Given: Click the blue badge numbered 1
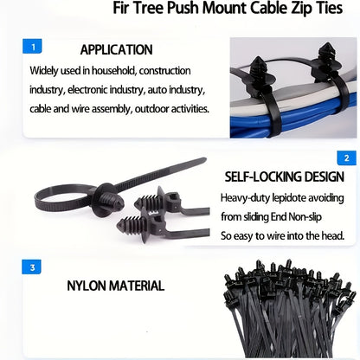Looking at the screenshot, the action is click(32, 47).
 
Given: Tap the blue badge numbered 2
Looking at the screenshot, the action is click(347, 157).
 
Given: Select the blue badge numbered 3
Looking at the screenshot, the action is click(32, 267).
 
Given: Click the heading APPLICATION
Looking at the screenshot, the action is click(116, 49).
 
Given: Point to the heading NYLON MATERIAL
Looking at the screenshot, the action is click(116, 286).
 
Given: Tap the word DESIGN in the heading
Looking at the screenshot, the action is click(325, 177).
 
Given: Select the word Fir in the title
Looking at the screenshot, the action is click(121, 8).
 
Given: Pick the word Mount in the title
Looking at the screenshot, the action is click(224, 8).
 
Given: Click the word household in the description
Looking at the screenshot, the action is click(114, 71).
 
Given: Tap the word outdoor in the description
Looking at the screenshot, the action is click(151, 109).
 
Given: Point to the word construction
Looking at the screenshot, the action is click(164, 71).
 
